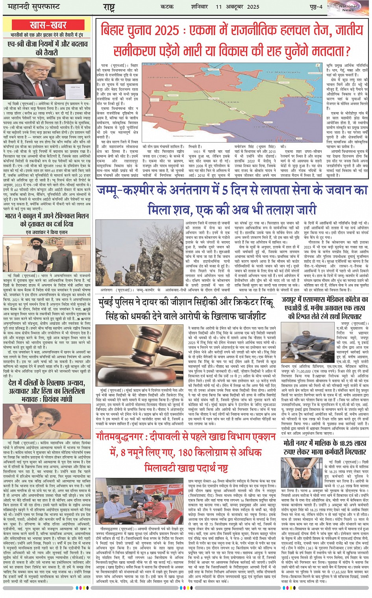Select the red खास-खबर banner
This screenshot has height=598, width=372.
pyautogui.click(x=48, y=25)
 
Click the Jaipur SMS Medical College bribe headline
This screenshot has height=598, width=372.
pyautogui.click(x=325, y=307)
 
